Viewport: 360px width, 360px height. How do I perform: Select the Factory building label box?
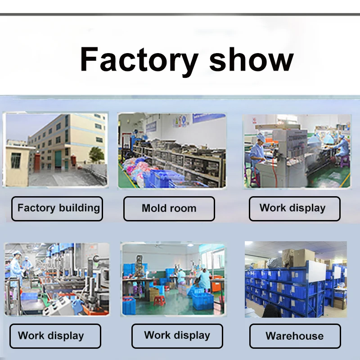[57, 208]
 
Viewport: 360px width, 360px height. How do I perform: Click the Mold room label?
[169, 208]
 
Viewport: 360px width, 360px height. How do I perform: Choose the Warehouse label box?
[295, 336]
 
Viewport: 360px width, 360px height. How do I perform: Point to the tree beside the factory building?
[96, 154]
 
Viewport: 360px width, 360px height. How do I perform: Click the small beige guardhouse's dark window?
[16, 161]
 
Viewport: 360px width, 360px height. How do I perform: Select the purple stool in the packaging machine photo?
[344, 161]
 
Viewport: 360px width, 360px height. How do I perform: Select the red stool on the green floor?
[159, 300]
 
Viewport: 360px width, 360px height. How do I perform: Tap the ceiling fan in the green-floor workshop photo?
[158, 246]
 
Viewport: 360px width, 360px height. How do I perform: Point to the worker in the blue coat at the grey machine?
[257, 151]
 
